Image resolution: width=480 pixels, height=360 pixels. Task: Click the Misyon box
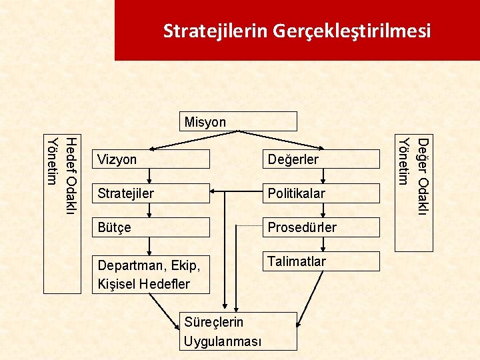pyautogui.click(x=239, y=121)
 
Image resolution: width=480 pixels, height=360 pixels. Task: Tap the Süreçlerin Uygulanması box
pyautogui.click(x=229, y=331)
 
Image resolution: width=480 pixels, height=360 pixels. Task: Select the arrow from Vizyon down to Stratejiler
pyautogui.click(x=151, y=177)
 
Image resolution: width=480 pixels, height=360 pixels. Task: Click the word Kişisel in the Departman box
pyautogui.click(x=115, y=283)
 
